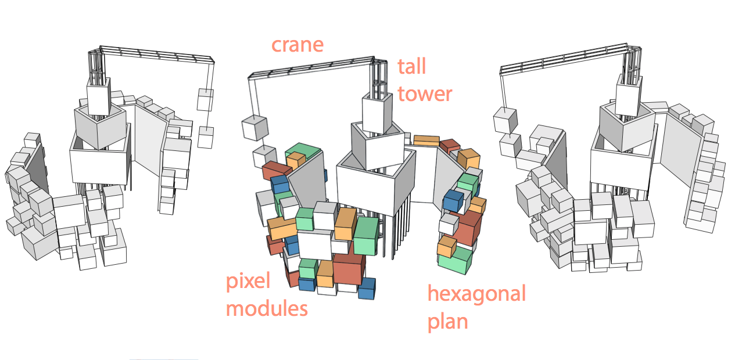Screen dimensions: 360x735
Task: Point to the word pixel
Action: coord(249,282)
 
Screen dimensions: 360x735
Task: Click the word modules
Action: coord(267,308)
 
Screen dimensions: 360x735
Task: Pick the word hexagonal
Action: coord(476,294)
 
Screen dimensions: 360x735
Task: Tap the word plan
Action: coord(448,321)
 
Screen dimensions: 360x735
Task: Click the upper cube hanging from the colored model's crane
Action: coord(254,128)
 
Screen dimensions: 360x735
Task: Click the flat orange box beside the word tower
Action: coord(426,141)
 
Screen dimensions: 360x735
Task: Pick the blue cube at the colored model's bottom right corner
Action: coord(367,289)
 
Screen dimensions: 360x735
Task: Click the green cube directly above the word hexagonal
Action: coord(456,260)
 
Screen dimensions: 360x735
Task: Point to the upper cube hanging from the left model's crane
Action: coord(205,99)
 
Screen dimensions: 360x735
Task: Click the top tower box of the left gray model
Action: coord(98,97)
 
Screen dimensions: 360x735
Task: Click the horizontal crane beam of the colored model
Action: coord(311,67)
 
